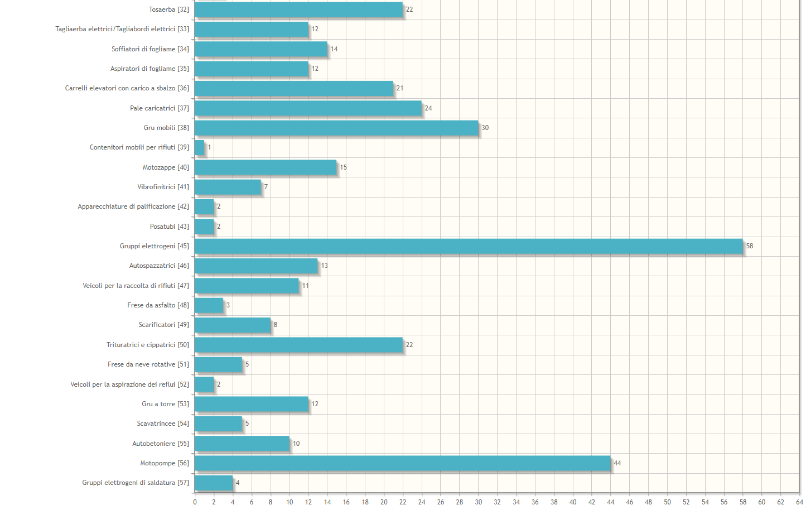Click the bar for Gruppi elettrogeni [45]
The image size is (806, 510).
point(469,246)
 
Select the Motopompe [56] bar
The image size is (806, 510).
point(402,463)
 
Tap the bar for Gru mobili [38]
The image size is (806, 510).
point(336,128)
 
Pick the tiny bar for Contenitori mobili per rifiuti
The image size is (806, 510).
point(200,148)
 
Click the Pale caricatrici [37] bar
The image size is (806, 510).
point(308,108)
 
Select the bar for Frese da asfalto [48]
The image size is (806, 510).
point(209,305)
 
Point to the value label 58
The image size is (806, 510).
point(750,246)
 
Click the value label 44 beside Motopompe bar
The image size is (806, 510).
point(617,463)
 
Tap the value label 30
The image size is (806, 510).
point(485,128)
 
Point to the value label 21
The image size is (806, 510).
point(399,88)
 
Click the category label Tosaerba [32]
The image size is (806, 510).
point(168,9)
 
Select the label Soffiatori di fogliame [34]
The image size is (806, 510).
point(150,49)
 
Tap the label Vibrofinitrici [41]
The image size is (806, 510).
point(163,187)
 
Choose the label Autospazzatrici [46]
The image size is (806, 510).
point(159,266)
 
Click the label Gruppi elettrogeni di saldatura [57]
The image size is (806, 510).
point(136,483)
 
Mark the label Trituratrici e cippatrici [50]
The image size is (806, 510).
point(148,345)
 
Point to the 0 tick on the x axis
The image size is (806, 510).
point(195,502)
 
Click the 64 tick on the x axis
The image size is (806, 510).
point(799,502)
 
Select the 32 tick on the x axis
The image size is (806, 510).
point(497,502)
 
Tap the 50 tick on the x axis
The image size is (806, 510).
point(667,502)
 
